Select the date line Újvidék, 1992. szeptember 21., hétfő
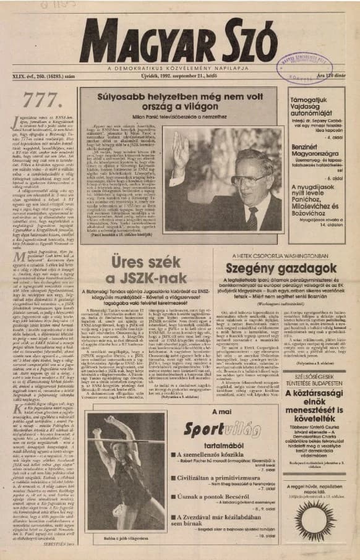click(x=179, y=77)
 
